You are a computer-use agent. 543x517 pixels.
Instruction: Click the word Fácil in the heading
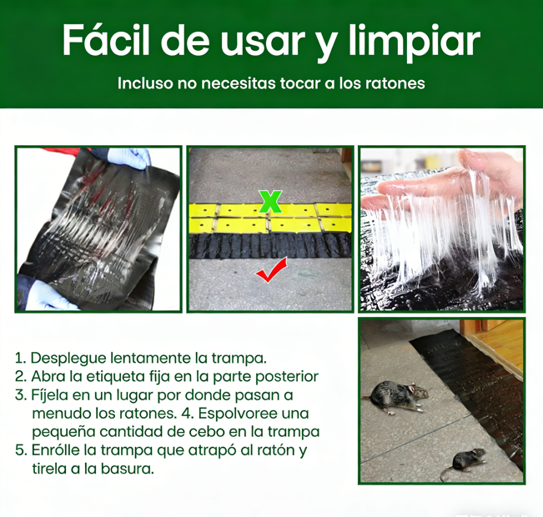tap(106, 39)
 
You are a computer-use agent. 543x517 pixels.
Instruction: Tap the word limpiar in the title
tap(415, 43)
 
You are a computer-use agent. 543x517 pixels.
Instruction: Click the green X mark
tap(271, 201)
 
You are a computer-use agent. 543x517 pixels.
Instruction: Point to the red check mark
tap(272, 270)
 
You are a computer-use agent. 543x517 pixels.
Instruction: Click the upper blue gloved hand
tap(128, 158)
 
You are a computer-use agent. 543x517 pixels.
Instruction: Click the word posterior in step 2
tap(287, 377)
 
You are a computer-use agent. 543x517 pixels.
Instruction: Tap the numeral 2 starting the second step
tap(19, 377)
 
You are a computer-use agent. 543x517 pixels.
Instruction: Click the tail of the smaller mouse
tap(446, 473)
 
